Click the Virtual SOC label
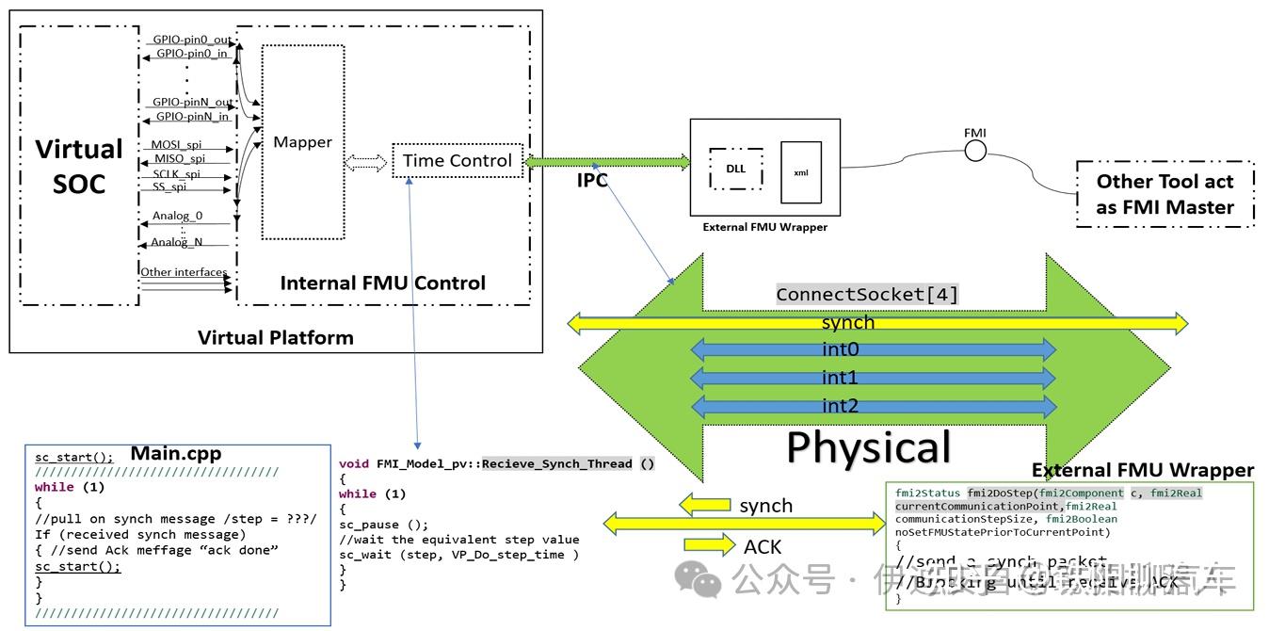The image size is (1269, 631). (x=79, y=166)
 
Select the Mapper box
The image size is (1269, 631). (x=302, y=142)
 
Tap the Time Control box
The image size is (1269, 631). (x=458, y=160)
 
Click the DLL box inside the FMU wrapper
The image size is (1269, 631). (x=735, y=169)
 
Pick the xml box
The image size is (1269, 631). (x=801, y=172)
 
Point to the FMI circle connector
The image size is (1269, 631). (x=975, y=151)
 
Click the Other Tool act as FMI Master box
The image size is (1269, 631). (x=1165, y=194)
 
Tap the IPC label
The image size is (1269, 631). (x=592, y=181)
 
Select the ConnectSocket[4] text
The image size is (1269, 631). (x=867, y=295)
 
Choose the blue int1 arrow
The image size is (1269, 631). (x=873, y=379)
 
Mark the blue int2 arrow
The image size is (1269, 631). (x=873, y=407)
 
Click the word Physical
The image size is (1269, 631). (x=869, y=447)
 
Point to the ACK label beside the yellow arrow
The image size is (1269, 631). (x=762, y=546)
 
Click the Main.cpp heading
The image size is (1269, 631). (x=175, y=453)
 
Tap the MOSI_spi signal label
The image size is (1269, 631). (x=176, y=145)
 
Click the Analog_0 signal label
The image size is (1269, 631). (x=177, y=217)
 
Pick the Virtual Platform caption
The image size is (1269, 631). (x=276, y=337)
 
